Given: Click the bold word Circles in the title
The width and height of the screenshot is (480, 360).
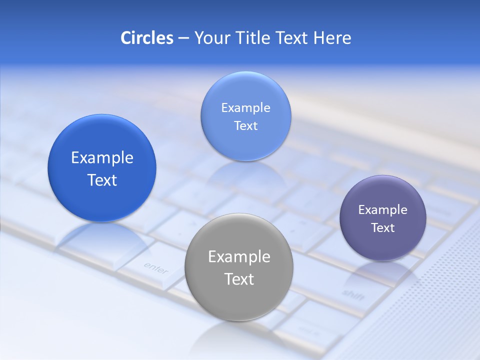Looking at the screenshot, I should [146, 38].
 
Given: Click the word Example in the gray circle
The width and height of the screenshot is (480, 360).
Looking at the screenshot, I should [239, 257].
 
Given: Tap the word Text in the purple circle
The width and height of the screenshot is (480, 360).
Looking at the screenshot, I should [382, 228].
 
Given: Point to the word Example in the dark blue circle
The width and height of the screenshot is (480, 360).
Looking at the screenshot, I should [102, 158].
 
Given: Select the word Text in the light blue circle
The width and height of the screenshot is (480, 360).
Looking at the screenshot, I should [245, 126].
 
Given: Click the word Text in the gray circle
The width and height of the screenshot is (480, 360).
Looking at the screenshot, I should [239, 279].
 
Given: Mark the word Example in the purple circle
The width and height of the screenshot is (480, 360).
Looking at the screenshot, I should [382, 210].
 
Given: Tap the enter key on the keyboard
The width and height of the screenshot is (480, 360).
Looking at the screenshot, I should [155, 268].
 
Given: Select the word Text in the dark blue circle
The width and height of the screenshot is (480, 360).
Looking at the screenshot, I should [102, 180].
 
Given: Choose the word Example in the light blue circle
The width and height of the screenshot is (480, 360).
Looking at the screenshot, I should [245, 108].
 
